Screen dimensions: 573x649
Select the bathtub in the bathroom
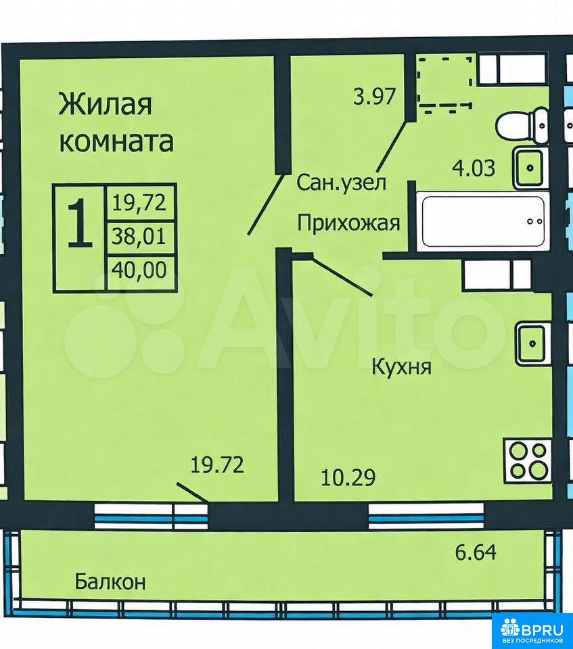click(x=482, y=222)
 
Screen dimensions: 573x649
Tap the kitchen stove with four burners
click(x=528, y=462)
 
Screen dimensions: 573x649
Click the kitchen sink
click(x=533, y=343)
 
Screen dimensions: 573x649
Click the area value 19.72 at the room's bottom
click(x=217, y=465)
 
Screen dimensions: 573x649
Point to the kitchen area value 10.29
click(x=348, y=477)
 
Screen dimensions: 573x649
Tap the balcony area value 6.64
click(x=476, y=552)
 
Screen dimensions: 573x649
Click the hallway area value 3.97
click(x=375, y=97)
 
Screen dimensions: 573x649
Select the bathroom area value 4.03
click(x=474, y=168)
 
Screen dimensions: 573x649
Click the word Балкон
click(x=110, y=582)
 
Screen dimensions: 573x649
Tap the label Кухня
click(x=402, y=367)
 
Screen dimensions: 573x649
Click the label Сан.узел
click(x=342, y=183)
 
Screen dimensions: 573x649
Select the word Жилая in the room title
click(x=106, y=104)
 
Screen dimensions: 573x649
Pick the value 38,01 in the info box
click(x=139, y=237)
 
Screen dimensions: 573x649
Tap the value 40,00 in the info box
click(x=139, y=270)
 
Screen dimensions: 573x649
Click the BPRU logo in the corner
click(x=532, y=630)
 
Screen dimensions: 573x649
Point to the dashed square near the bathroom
click(x=445, y=82)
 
